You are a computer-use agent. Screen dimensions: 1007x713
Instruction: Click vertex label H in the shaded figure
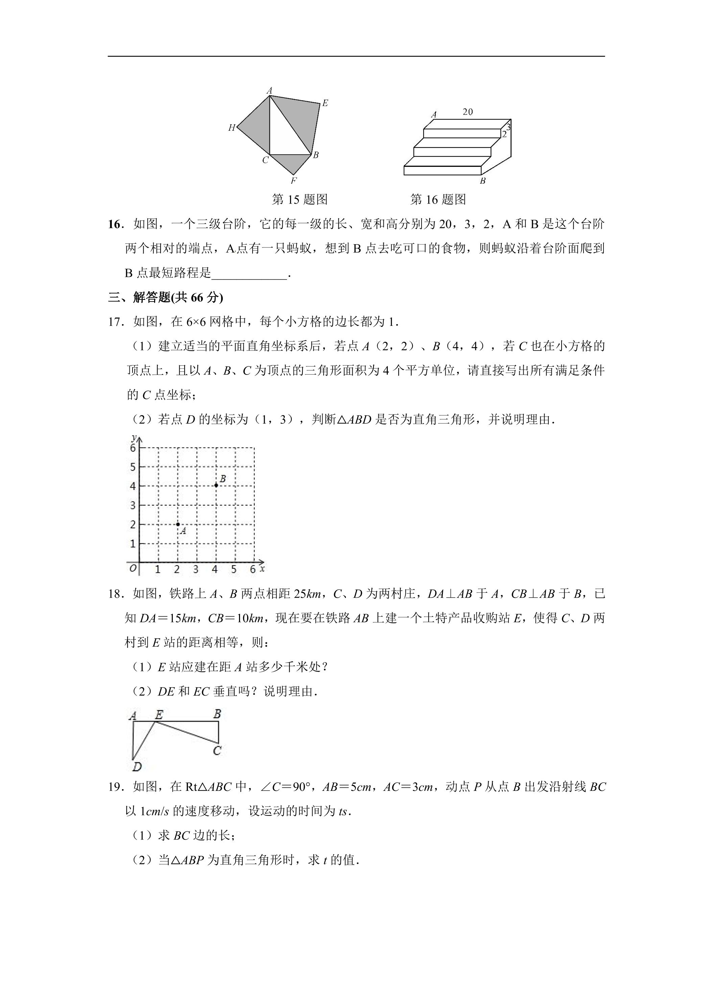point(231,128)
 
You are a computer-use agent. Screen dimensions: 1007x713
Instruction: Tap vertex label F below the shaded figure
point(294,181)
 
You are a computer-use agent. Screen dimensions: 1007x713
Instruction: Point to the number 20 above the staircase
point(468,112)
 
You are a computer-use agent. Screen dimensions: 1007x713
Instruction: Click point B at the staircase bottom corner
point(482,181)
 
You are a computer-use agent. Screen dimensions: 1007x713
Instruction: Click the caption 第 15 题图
point(300,200)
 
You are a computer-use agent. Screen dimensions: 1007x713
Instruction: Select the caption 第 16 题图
point(438,200)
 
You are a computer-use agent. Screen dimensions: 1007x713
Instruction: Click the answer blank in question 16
point(249,273)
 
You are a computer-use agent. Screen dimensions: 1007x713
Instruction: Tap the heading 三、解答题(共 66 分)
point(166,298)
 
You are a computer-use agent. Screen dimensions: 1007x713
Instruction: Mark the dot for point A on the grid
point(178,524)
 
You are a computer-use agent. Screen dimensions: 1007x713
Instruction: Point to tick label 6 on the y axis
point(133,448)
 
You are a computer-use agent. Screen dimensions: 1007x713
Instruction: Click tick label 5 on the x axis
point(234,570)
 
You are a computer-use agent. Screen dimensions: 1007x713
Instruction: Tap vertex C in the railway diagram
point(217,751)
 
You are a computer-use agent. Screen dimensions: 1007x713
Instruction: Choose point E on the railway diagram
point(159,715)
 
